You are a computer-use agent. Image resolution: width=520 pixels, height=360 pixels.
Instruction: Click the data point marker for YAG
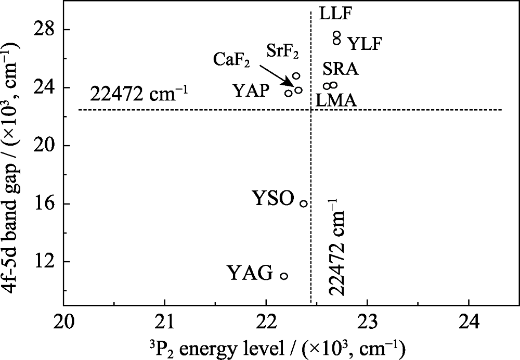[284, 276]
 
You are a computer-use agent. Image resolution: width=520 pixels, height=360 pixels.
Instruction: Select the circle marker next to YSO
[304, 203]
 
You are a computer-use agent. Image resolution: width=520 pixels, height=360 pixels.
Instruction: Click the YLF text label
[365, 44]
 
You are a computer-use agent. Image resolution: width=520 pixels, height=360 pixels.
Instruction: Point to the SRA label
[341, 69]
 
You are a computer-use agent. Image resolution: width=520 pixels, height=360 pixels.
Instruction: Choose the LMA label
[336, 100]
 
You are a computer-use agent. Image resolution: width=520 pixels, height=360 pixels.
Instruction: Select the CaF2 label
[232, 60]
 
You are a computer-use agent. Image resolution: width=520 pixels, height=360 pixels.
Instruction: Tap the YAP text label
[251, 92]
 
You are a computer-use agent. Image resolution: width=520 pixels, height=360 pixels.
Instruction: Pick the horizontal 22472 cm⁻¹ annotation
[138, 95]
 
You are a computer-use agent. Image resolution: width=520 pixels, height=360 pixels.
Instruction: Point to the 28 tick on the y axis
[46, 30]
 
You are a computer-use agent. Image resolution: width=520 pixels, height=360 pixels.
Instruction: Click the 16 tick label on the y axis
[46, 204]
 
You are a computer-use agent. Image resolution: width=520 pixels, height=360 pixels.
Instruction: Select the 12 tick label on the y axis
[46, 262]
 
